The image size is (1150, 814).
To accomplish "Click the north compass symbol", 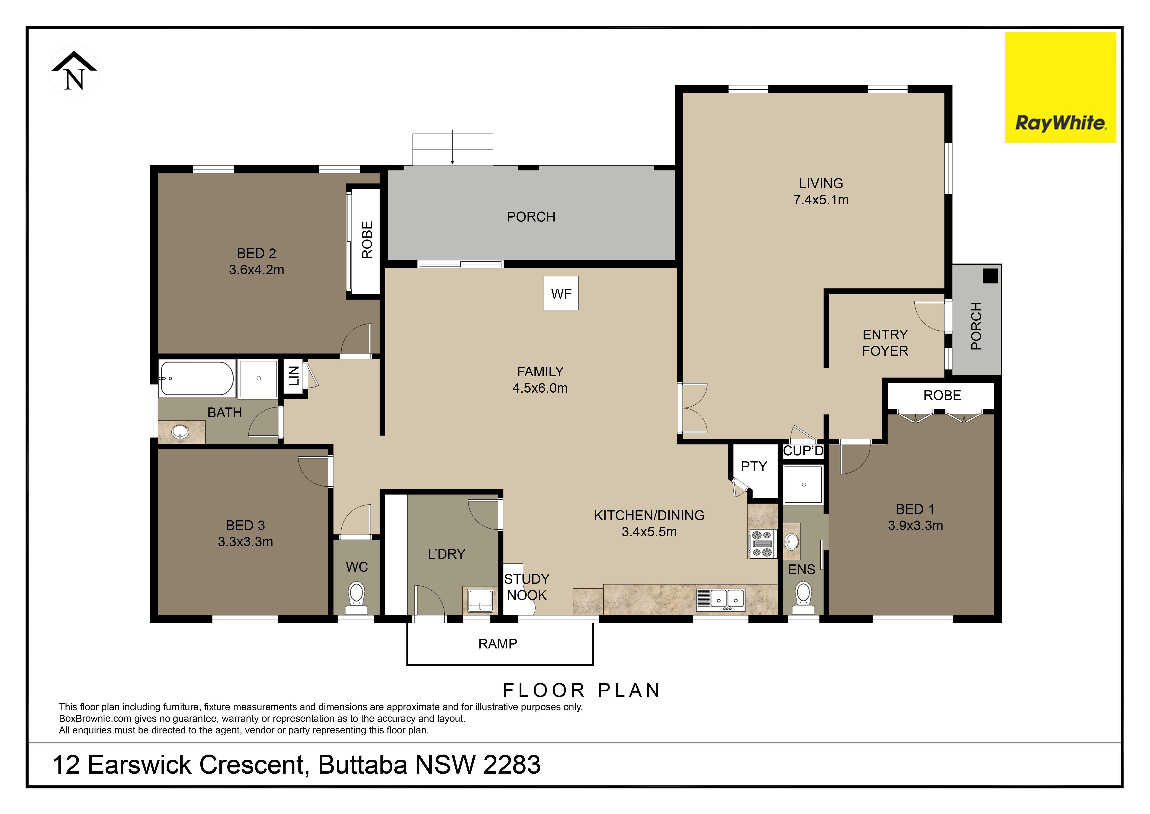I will click(74, 71).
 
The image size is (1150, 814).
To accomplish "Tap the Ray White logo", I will click(1060, 88).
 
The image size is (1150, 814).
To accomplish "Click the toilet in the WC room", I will click(356, 594).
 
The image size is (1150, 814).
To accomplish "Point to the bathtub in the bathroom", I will click(196, 378).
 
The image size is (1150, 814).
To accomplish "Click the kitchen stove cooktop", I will click(762, 544).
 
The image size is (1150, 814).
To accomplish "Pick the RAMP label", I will click(497, 644).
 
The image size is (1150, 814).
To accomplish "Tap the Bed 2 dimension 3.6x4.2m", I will click(257, 270).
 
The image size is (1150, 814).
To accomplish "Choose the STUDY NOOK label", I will click(527, 587).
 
